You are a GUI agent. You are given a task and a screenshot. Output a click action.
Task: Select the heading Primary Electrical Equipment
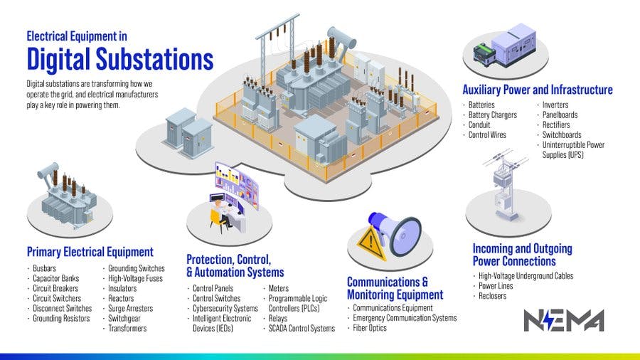90,252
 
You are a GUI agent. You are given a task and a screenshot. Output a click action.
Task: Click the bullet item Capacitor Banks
56,278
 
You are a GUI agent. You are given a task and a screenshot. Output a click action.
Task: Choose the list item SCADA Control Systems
302,328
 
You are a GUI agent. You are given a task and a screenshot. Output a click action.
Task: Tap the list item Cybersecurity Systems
225,308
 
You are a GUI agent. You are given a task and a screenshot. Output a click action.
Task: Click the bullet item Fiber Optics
370,328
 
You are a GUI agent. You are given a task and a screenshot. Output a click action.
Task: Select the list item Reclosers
493,295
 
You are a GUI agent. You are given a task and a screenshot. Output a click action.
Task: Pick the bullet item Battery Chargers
492,115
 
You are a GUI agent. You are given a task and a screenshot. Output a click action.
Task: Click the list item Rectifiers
556,125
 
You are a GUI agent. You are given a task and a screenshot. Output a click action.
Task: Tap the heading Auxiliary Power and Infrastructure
537,90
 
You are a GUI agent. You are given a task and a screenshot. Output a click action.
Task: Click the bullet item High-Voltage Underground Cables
526,275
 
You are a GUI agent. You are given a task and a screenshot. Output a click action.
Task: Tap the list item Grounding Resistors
61,318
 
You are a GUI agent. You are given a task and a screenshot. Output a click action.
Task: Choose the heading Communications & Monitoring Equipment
395,288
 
